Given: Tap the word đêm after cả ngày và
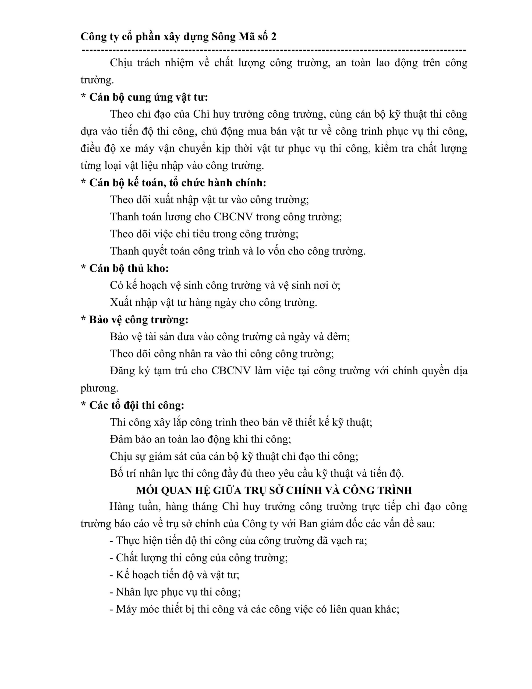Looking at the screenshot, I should (x=338, y=337).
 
